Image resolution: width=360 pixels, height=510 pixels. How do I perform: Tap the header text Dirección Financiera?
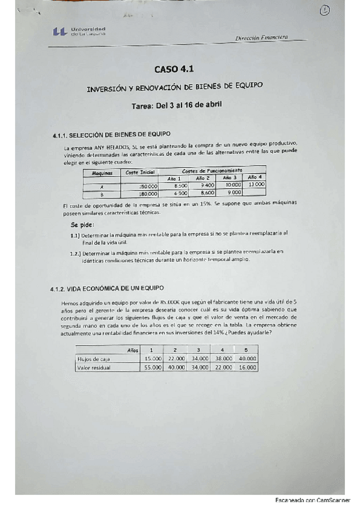pos(261,37)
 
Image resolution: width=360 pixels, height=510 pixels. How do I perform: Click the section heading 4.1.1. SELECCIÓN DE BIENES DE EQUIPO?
pos(112,134)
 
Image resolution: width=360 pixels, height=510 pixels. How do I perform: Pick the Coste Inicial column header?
pos(140,172)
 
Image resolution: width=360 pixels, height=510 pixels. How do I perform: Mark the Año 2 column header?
pos(203,178)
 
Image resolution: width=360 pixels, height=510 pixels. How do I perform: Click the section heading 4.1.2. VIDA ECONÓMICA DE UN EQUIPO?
pos(108,289)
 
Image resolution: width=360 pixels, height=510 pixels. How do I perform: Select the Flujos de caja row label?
pos(92,358)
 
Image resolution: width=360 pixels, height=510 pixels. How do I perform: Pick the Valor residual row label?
pos(94,367)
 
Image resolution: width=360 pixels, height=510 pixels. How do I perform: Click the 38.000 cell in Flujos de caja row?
pos(222,358)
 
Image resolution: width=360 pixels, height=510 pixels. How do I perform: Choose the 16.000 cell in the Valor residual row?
pos(247,367)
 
